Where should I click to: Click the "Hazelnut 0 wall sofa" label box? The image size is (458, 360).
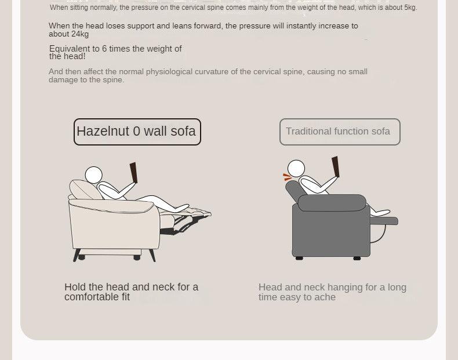pyautogui.click(x=137, y=132)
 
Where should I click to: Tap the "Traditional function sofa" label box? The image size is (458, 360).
pyautogui.click(x=340, y=132)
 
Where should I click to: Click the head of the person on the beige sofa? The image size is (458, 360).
pyautogui.click(x=94, y=175)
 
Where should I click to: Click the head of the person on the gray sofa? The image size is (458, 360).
pyautogui.click(x=296, y=169)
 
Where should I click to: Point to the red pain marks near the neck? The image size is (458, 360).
pyautogui.click(x=288, y=177)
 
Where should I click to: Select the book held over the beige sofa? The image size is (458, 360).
pyautogui.click(x=134, y=173)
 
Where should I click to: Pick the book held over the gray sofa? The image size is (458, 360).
pyautogui.click(x=336, y=167)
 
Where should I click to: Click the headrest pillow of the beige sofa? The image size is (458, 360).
pyautogui.click(x=85, y=190)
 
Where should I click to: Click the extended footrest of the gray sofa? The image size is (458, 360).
pyautogui.click(x=384, y=221)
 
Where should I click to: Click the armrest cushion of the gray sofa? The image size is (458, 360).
pyautogui.click(x=332, y=203)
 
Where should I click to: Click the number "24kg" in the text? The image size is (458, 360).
pyautogui.click(x=80, y=34)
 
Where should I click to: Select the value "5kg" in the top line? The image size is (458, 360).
pyautogui.click(x=410, y=8)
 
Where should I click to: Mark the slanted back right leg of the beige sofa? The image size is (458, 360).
pyautogui.click(x=152, y=256)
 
